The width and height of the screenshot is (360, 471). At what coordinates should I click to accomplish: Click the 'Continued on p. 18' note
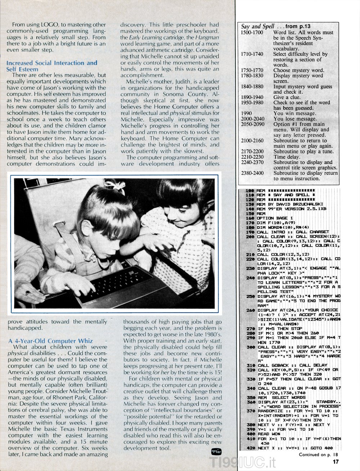click(318, 455)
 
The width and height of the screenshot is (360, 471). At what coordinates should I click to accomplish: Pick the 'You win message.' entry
click(294, 113)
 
